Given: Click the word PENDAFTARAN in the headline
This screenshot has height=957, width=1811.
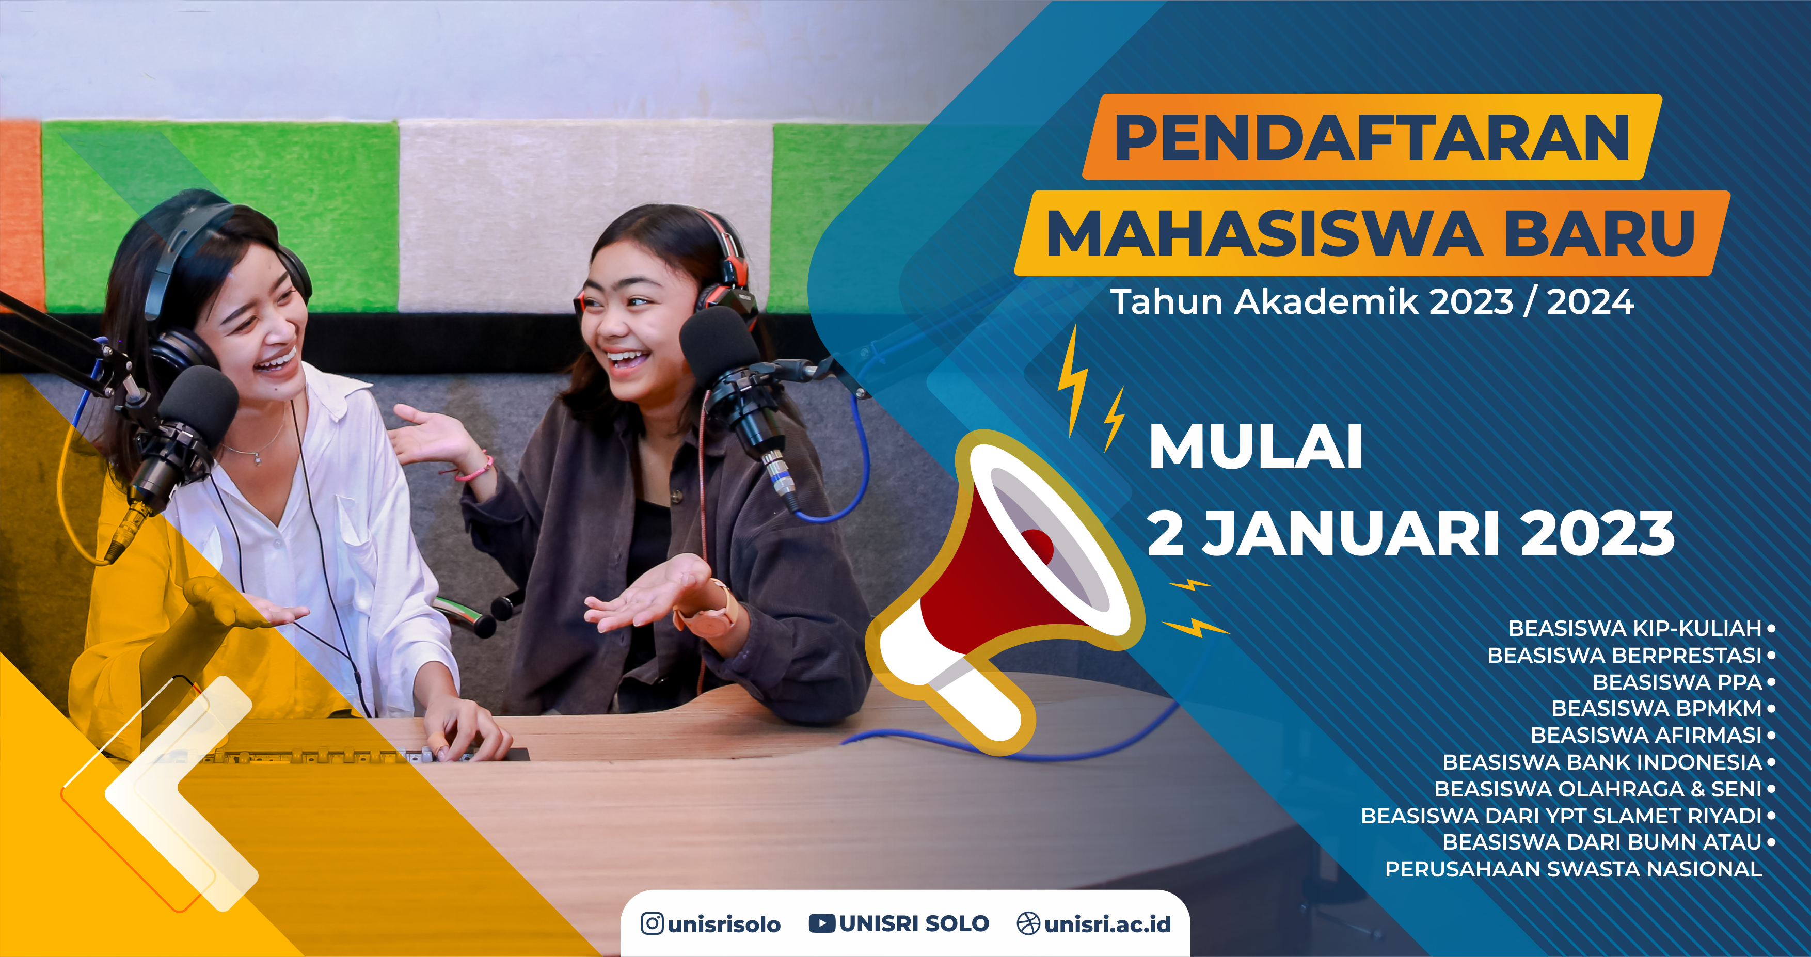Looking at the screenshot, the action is [1372, 137].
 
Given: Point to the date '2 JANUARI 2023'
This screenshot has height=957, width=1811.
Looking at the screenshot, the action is [1411, 533].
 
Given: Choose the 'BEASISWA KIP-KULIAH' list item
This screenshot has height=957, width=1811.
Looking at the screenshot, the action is [1634, 628].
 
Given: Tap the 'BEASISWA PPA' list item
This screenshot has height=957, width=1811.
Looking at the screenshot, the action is [1677, 682].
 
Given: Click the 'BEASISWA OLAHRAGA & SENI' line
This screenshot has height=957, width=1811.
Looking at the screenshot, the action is [1598, 789].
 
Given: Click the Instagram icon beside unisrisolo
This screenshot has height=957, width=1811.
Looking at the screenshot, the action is [652, 923].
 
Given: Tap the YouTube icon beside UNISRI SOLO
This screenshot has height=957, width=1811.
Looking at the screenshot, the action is [822, 923].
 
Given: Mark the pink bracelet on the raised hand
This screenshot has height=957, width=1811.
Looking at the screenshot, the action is [476, 468].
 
